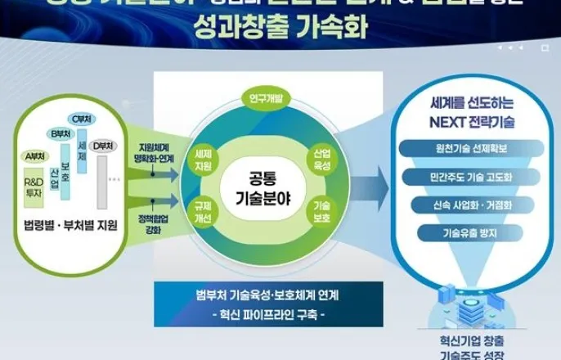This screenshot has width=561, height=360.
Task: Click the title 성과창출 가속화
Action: pos(281,30)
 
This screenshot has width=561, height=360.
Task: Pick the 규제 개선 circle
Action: pos(204,214)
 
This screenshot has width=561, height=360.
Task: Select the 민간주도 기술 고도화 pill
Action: pos(464,177)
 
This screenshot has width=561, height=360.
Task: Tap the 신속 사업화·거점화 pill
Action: pos(464,205)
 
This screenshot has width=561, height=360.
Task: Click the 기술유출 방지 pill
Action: pos(464,233)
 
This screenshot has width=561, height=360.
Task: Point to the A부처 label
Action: pos(34,155)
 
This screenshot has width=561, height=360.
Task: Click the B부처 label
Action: pos(59,133)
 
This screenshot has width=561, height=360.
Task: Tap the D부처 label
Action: pos(103,146)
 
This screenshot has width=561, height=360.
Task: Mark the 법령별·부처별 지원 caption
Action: pos(70,225)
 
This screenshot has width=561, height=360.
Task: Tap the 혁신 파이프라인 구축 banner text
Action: pos(268,314)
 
